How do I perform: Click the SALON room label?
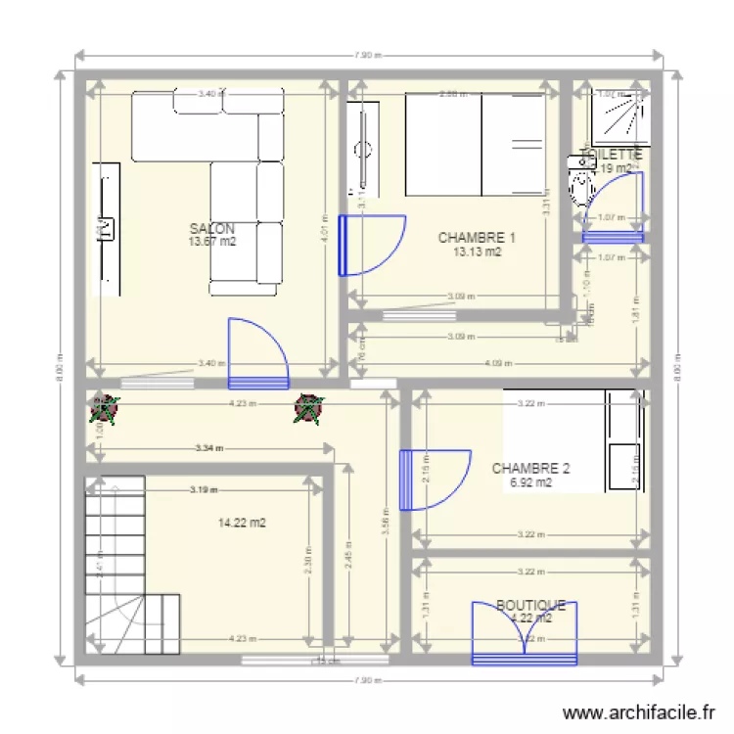(x=211, y=228)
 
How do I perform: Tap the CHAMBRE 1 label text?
(x=477, y=238)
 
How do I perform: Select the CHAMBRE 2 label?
(x=530, y=469)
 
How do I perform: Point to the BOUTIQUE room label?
(x=530, y=606)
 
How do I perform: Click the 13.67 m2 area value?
(x=211, y=242)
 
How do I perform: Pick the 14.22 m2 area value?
(x=243, y=524)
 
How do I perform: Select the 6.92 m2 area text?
(x=530, y=482)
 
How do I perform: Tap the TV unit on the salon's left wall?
(x=106, y=228)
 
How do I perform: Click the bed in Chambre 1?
(x=476, y=144)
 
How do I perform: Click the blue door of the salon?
(x=256, y=352)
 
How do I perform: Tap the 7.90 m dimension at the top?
(x=366, y=55)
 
